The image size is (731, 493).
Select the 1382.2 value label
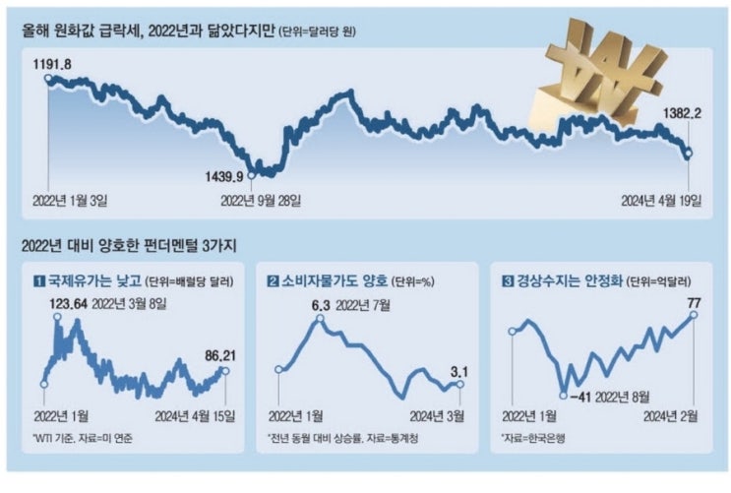coord(682,114)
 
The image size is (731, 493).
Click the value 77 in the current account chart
coord(694,300)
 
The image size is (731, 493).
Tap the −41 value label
coord(582,398)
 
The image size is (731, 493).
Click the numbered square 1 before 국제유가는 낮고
coord(39,279)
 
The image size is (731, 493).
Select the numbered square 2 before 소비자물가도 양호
coord(273,279)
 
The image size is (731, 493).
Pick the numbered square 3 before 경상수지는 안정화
coord(508,279)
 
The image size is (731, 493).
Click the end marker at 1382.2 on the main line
coord(688,153)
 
